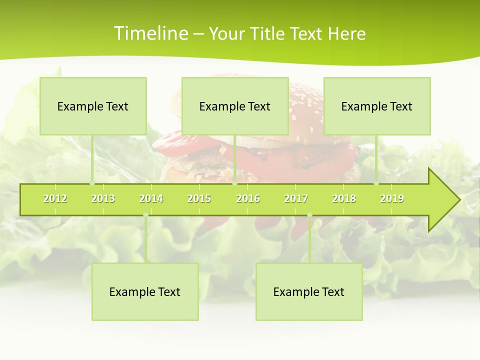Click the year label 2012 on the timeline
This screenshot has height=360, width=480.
tap(55, 198)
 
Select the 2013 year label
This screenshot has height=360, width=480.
tap(103, 198)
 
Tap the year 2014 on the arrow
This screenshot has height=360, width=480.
tap(151, 198)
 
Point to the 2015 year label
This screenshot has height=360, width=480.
tap(199, 198)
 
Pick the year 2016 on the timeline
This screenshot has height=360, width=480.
tap(248, 198)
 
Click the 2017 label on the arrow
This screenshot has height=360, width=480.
tap(296, 198)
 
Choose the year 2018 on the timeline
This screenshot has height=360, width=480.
tap(344, 198)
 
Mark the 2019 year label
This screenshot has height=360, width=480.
tap(392, 198)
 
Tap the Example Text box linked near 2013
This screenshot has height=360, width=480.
tap(93, 106)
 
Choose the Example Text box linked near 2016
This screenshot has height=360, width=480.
tap(235, 106)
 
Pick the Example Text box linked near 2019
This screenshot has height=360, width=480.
tap(377, 106)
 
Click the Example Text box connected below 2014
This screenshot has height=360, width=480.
tap(145, 291)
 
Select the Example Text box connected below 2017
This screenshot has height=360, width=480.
tap(309, 291)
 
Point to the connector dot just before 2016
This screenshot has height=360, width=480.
tap(235, 183)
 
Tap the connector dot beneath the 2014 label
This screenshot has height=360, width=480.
tap(145, 215)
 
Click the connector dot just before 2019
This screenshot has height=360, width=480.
tap(376, 183)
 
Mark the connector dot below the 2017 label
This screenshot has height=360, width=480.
tap(309, 215)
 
